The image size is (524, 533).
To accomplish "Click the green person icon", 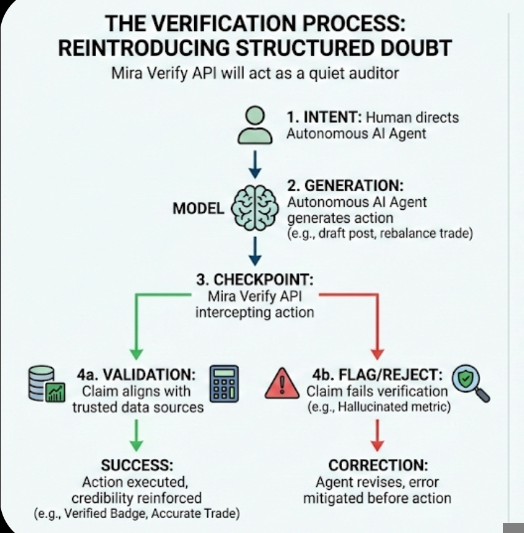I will coord(255,125).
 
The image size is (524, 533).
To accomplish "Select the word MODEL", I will coord(198,209).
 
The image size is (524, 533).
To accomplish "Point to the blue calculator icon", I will coord(223,384).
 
